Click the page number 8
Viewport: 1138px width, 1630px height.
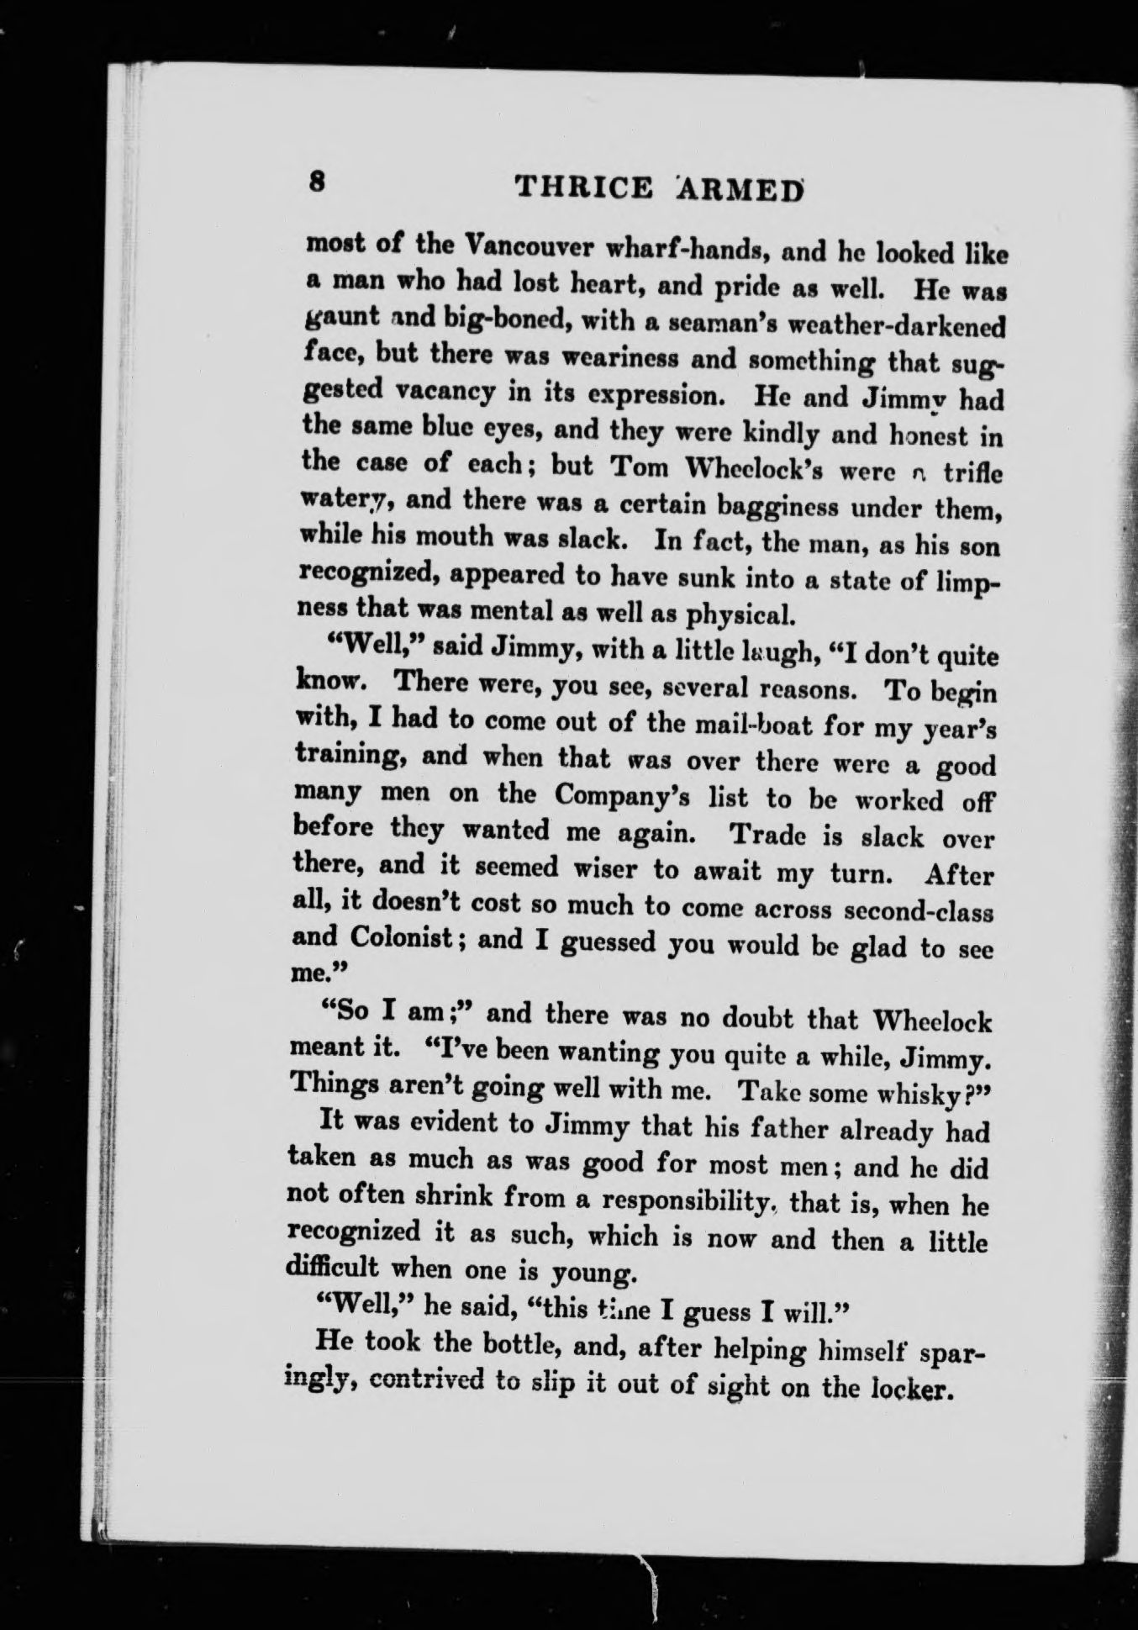pyautogui.click(x=316, y=182)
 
